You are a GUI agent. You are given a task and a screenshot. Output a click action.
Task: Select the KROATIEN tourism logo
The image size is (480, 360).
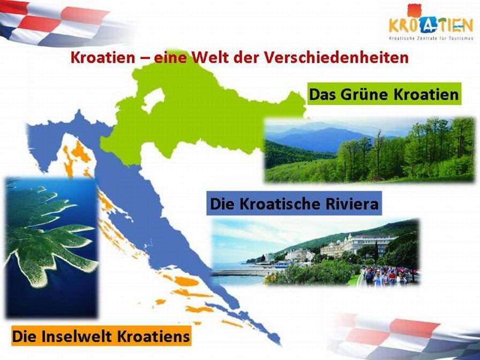(x=431, y=22)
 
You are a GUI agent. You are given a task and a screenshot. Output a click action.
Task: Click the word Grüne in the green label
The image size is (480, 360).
(x=365, y=94)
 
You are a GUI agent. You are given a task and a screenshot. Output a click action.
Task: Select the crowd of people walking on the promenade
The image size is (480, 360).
(x=387, y=275)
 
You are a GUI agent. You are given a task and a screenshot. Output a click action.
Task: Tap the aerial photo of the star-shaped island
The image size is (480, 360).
(x=51, y=247)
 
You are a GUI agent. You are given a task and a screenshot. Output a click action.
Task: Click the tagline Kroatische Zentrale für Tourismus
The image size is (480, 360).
(x=431, y=39)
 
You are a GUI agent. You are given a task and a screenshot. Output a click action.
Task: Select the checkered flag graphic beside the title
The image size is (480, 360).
(x=61, y=23)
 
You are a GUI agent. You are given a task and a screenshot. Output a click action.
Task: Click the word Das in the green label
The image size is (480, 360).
(x=323, y=94)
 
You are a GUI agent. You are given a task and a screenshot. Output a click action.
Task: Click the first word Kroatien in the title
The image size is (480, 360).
(x=102, y=57)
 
